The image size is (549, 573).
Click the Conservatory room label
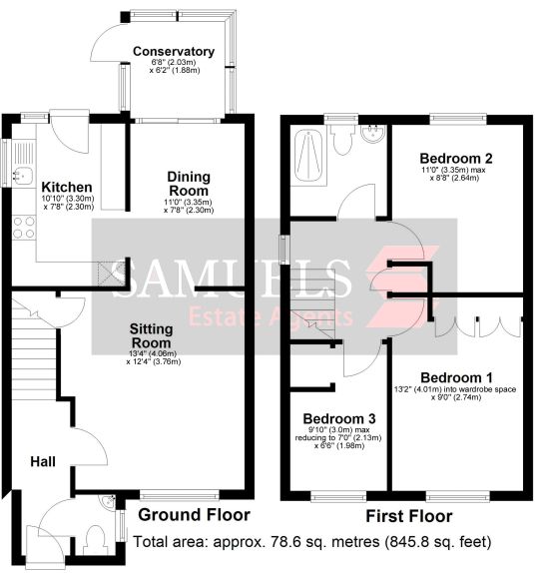(x=174, y=52)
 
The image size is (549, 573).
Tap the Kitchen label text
(x=67, y=187)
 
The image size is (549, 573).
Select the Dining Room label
(x=189, y=184)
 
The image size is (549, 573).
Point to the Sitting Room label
(x=151, y=335)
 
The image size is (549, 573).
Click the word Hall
(x=43, y=461)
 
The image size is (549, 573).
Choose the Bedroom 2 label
(x=456, y=159)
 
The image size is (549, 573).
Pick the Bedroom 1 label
(x=456, y=377)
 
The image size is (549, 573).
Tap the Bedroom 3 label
(x=339, y=418)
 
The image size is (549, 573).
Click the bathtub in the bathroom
(x=308, y=156)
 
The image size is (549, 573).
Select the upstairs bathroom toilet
(x=342, y=140)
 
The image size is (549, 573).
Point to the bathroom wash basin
(x=372, y=133)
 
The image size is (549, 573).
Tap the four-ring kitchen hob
(x=24, y=228)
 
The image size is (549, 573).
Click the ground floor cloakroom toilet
(x=95, y=538)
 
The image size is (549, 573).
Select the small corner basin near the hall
(x=108, y=501)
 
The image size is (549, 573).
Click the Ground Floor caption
(x=194, y=515)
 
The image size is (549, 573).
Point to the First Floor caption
(x=409, y=516)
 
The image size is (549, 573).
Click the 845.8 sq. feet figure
(x=438, y=542)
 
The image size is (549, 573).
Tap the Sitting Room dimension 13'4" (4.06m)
(x=153, y=353)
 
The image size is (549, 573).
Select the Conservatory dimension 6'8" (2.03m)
(x=174, y=62)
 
